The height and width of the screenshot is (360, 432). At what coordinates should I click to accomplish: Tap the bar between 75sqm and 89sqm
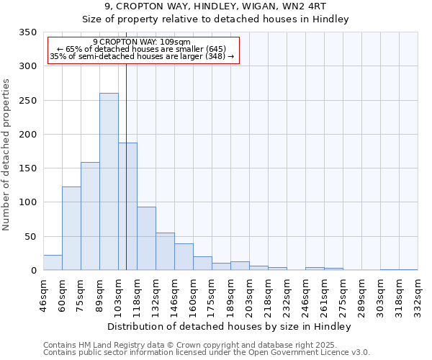(90, 216)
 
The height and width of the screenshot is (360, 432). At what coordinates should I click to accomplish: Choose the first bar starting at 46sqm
(53, 263)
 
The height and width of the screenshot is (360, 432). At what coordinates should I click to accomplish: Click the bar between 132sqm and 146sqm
(165, 251)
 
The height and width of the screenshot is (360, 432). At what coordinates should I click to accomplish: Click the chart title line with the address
(215, 6)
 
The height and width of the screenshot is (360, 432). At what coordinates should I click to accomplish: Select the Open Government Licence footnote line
(207, 353)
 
